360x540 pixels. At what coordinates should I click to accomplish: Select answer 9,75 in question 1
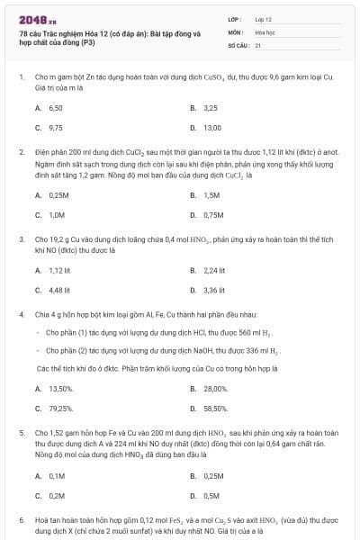pos(55,127)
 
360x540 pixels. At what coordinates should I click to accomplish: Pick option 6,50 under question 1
pos(55,107)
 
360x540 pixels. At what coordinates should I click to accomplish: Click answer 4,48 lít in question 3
pos(59,290)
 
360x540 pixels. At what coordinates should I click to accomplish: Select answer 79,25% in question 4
pos(59,408)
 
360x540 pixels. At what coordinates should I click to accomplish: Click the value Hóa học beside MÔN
pos(265,31)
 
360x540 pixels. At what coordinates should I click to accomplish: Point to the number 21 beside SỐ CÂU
pos(258,44)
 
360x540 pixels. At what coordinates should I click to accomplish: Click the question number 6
pos(21,521)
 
